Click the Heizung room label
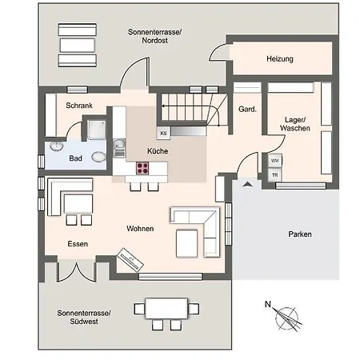(280, 58)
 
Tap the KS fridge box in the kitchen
(163, 133)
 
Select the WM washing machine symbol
(274, 161)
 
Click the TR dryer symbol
(274, 175)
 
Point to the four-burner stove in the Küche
(142, 168)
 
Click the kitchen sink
(119, 148)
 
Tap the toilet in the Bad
(98, 157)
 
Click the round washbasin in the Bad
(57, 146)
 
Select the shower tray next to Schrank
(96, 130)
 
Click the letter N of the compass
(268, 304)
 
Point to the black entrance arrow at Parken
(247, 184)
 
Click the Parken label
(300, 234)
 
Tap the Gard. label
(247, 109)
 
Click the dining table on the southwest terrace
(166, 308)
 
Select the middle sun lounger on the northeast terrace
(78, 45)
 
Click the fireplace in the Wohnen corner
(130, 260)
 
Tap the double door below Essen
(77, 271)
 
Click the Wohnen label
(140, 229)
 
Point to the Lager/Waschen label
(295, 124)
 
